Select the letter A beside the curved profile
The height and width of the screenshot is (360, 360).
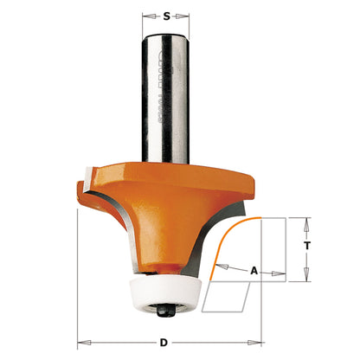tap(254, 271)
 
